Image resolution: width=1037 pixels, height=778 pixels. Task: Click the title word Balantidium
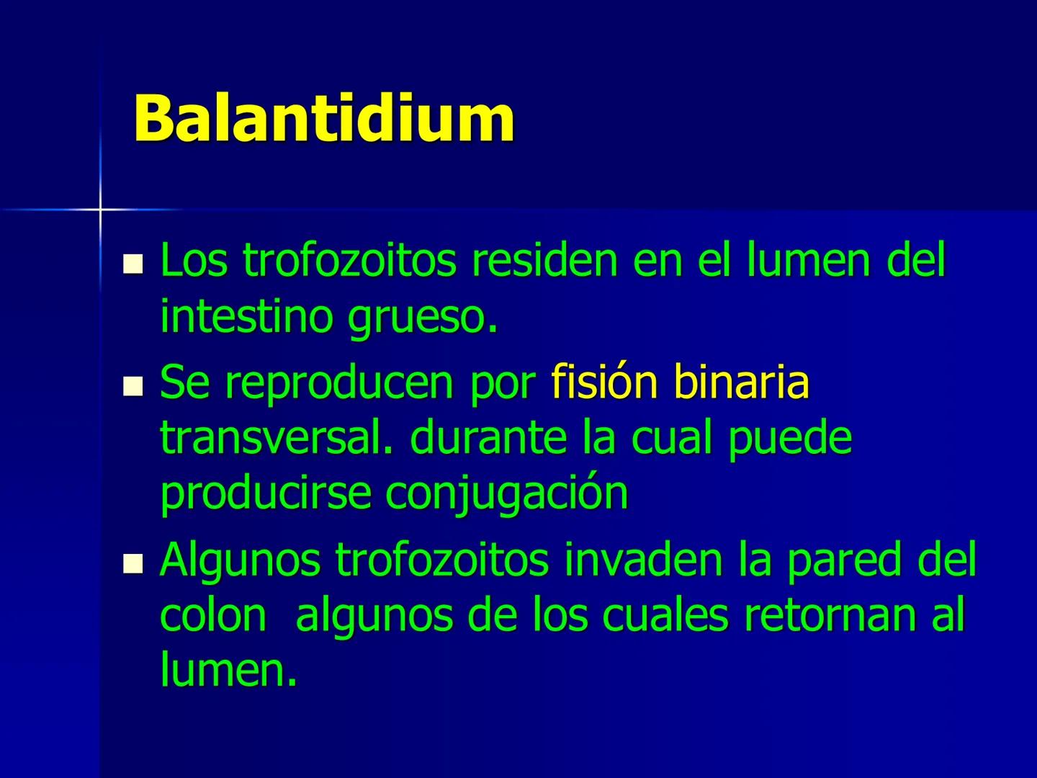pyautogui.click(x=324, y=117)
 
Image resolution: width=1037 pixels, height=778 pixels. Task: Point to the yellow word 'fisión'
pyautogui.click(x=604, y=382)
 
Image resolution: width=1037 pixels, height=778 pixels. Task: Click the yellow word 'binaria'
pyautogui.click(x=741, y=382)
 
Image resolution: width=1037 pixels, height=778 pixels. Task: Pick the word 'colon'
pyautogui.click(x=212, y=615)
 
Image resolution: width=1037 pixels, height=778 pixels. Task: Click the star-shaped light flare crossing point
pyautogui.click(x=100, y=209)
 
